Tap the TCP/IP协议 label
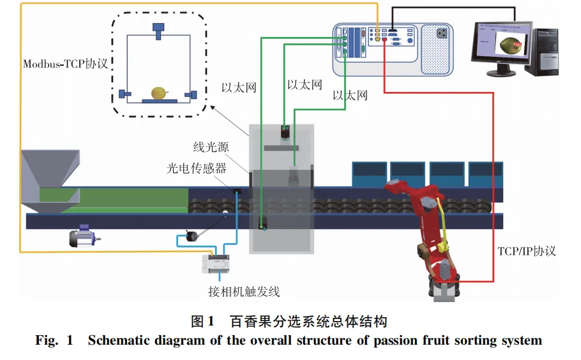(x=526, y=251)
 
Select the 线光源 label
(x=211, y=147)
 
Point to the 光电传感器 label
(x=197, y=169)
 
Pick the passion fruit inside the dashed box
(x=158, y=93)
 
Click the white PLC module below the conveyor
(x=221, y=262)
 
